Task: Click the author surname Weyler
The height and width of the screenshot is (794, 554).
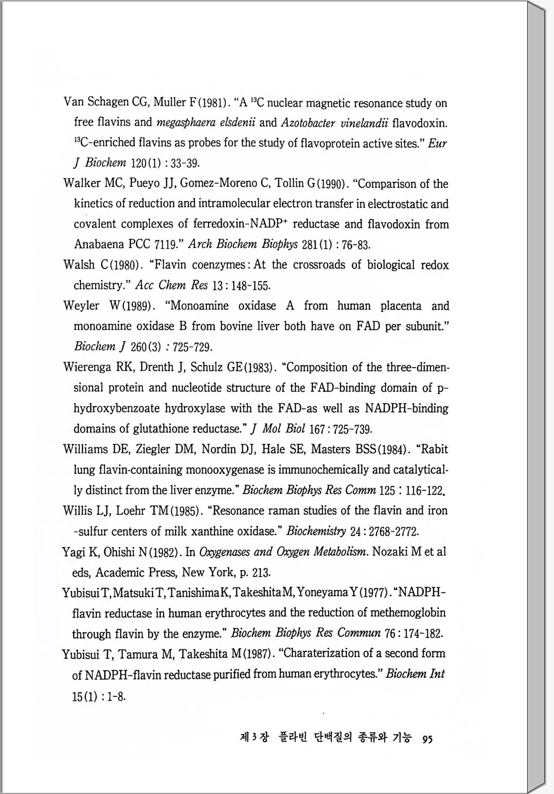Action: click(81, 306)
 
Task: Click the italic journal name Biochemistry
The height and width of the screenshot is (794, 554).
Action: click(316, 531)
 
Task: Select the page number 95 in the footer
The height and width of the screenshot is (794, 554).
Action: click(427, 739)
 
